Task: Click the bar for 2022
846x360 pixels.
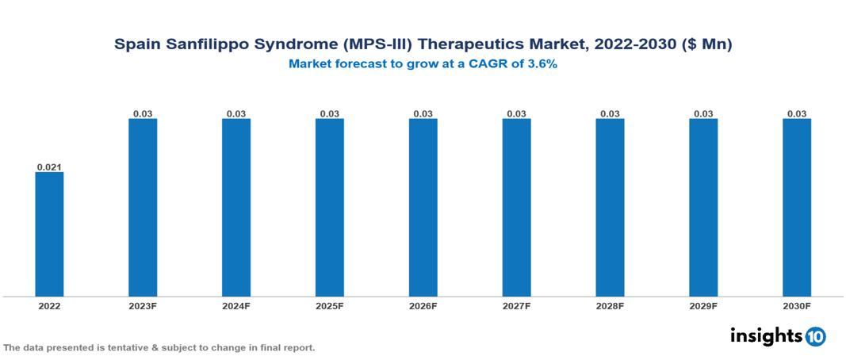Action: (49, 234)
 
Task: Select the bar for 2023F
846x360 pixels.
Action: (143, 208)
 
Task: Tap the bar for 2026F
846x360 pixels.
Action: (423, 208)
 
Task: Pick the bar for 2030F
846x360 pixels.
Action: (797, 208)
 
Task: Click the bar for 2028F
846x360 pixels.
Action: (610, 208)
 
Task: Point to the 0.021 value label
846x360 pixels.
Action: (49, 167)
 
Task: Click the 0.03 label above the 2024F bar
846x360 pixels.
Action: (236, 113)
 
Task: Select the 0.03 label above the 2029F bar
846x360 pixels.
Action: (703, 113)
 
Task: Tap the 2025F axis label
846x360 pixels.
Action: (330, 306)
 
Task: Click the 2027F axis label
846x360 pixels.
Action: (516, 306)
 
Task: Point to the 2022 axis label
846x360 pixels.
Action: (49, 306)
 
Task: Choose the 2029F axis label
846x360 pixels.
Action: (703, 306)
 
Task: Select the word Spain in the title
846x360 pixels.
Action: (136, 45)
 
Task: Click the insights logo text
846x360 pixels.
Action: (766, 335)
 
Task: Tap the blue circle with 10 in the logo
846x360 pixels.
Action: (816, 337)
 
